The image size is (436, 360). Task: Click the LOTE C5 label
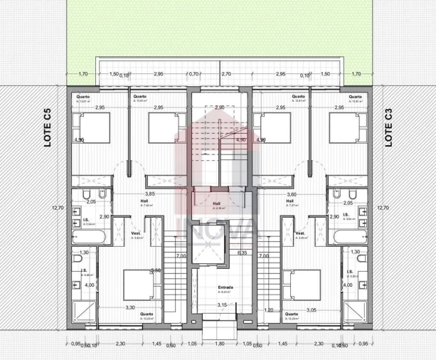click(x=47, y=128)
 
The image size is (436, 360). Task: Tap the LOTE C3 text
click(x=388, y=128)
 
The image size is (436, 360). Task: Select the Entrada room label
click(x=225, y=287)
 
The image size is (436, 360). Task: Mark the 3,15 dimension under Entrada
click(x=222, y=305)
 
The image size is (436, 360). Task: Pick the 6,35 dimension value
click(x=242, y=252)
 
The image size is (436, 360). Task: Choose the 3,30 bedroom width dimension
click(x=130, y=307)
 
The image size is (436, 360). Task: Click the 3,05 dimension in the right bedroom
click(x=312, y=310)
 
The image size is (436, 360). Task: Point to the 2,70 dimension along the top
click(x=226, y=73)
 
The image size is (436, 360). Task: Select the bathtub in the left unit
click(x=85, y=236)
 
